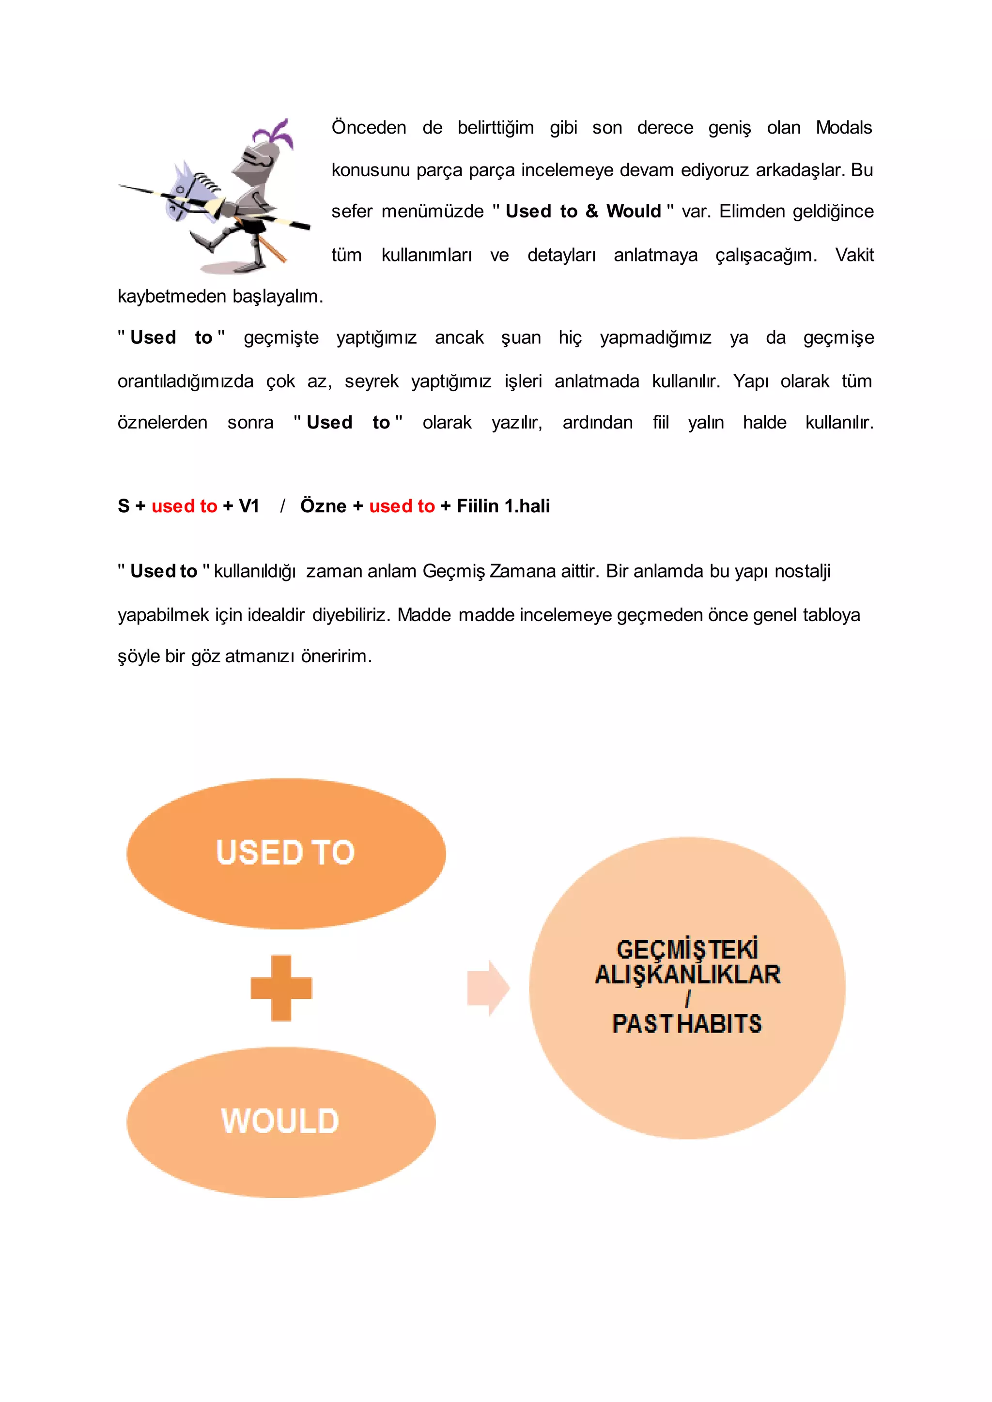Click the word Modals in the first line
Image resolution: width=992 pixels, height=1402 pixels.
click(x=844, y=128)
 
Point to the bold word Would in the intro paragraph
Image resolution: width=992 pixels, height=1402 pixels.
click(x=634, y=211)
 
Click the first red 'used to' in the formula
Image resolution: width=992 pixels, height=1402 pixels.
click(x=184, y=506)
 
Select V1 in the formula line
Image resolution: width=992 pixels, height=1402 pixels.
click(x=249, y=506)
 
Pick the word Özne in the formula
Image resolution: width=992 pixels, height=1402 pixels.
click(x=323, y=506)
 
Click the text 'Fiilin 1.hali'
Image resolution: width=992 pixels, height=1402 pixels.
click(x=503, y=506)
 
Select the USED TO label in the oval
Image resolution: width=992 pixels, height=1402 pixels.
click(x=285, y=853)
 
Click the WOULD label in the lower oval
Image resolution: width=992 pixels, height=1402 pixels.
click(x=280, y=1121)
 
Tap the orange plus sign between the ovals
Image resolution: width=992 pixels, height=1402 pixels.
click(x=281, y=988)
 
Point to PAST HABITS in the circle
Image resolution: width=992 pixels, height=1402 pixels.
click(x=687, y=1024)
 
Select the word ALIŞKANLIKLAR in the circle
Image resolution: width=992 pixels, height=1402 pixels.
click(x=688, y=975)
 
